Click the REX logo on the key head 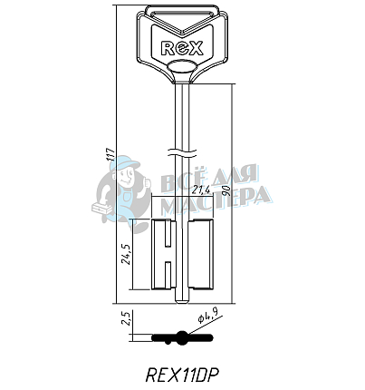pyautogui.click(x=182, y=48)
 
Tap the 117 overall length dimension pyautogui.click(x=111, y=154)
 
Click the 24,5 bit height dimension pyautogui.click(x=126, y=254)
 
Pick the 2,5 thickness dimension pyautogui.click(x=126, y=317)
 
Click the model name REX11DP pyautogui.click(x=182, y=375)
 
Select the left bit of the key pyautogui.click(x=163, y=254)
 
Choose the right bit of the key pyautogui.click(x=201, y=254)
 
